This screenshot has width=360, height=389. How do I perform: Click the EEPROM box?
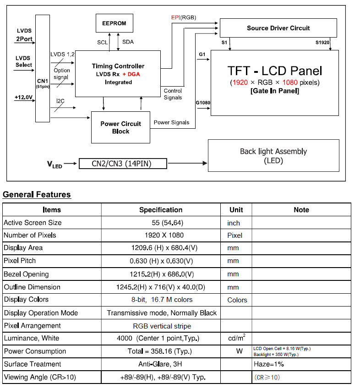(114, 23)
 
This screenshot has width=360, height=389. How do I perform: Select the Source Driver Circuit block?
(278, 28)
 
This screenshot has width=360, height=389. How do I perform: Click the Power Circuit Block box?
(121, 127)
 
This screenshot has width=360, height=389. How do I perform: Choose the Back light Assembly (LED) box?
(273, 156)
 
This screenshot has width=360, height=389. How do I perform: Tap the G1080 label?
(203, 103)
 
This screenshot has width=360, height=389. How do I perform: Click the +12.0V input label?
(23, 97)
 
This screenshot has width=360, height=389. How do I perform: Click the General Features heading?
(37, 195)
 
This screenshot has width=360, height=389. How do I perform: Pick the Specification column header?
(161, 210)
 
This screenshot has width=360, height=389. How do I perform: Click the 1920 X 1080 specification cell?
(161, 236)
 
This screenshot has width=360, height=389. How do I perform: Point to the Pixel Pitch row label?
(20, 261)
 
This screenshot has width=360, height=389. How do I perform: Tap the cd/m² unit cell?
(236, 338)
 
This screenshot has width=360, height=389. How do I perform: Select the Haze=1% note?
(269, 364)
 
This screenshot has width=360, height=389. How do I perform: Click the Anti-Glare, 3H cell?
(161, 364)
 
